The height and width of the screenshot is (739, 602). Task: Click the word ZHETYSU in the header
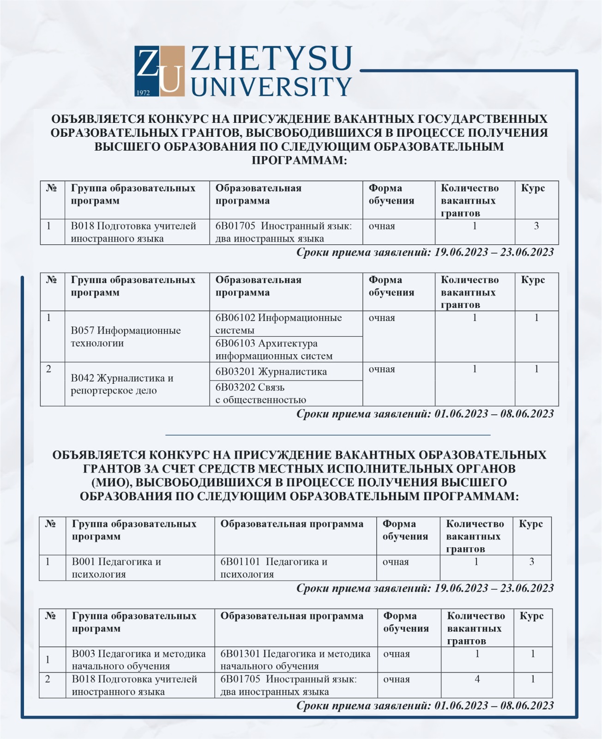click(271, 59)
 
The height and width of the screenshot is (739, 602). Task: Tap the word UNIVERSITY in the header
click(271, 86)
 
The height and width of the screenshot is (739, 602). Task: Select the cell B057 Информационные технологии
click(126, 337)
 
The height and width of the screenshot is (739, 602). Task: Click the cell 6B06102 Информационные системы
click(278, 324)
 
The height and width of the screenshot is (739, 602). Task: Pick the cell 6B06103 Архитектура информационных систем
click(274, 350)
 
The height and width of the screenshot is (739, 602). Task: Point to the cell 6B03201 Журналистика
click(271, 372)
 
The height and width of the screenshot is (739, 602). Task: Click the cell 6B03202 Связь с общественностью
click(261, 394)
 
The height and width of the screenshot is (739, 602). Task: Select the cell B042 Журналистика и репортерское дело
click(122, 384)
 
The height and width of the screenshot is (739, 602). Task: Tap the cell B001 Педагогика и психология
click(116, 568)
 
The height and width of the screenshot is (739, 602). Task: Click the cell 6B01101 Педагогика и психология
click(274, 568)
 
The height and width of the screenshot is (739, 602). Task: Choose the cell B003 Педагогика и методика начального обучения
click(138, 660)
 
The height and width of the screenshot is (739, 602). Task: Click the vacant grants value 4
click(477, 679)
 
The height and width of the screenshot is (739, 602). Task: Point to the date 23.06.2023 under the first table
click(527, 252)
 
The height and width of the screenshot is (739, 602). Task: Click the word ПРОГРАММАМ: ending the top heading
click(299, 160)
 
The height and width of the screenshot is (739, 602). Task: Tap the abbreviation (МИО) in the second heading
click(112, 483)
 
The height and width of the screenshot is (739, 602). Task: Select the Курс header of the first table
click(533, 188)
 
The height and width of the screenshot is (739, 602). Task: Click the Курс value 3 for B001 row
click(532, 562)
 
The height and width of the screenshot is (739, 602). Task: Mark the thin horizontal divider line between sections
click(328, 435)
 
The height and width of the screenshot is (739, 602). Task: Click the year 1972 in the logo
click(143, 92)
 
